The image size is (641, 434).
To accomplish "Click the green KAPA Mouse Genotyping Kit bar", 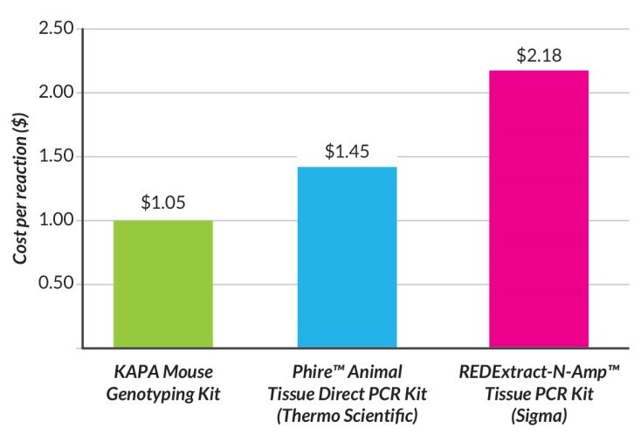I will pos(163,284).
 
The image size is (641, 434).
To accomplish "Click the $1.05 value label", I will pos(163,203).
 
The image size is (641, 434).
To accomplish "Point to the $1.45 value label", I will pos(347,151).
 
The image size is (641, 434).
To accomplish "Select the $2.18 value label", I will pos(538,56).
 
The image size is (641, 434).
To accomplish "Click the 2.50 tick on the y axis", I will pos(53,29).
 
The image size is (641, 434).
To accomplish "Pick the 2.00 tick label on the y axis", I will pos(53,93).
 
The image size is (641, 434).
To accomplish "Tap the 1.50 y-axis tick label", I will pos(53,157).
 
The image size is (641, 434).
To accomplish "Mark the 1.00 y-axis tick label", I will pos(53,221).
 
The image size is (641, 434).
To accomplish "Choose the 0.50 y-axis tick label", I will pos(53,285).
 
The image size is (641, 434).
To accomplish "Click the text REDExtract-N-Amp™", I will pos(538,371).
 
